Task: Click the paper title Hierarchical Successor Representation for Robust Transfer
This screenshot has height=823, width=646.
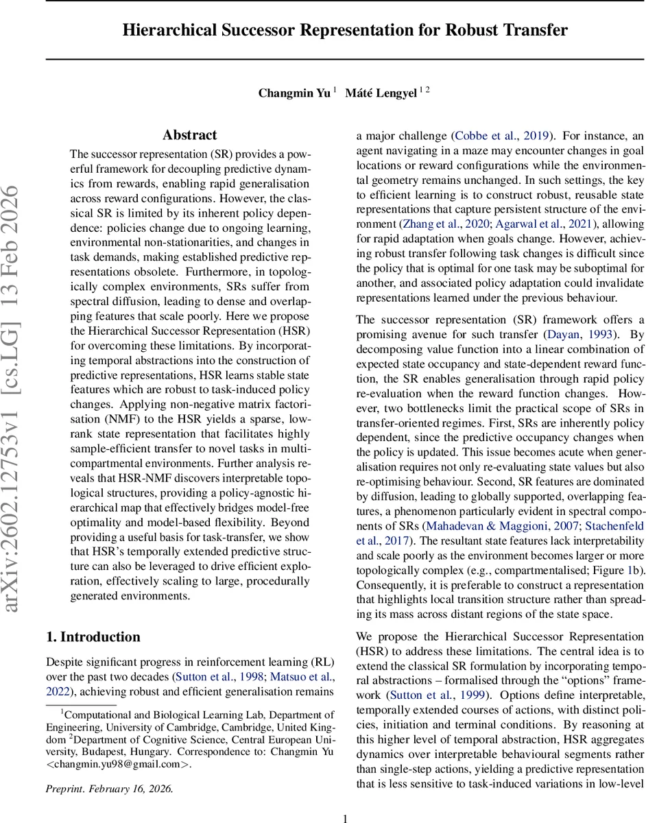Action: [345, 30]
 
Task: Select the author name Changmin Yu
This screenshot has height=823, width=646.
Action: [294, 93]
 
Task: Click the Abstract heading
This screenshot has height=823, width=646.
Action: [190, 135]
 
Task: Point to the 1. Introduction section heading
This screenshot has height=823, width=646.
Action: [93, 636]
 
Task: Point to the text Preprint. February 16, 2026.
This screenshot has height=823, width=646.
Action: [110, 789]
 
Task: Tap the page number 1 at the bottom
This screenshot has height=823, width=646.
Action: [346, 818]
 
